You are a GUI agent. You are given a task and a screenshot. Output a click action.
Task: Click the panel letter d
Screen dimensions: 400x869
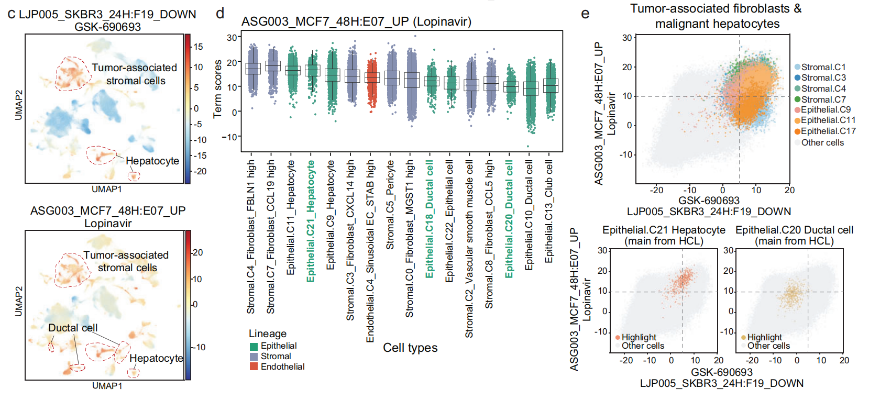(x=221, y=13)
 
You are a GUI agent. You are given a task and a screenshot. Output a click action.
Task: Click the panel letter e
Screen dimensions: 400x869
(x=585, y=13)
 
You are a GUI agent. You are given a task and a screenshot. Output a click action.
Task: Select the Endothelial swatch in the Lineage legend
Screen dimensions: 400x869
(x=254, y=366)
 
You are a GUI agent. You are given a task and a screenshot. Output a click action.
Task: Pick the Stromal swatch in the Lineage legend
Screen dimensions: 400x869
(x=254, y=356)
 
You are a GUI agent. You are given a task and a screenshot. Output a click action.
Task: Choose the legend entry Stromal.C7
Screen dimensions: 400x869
(x=823, y=99)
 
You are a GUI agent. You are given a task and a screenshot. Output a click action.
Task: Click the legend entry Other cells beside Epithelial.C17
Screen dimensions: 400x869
(x=822, y=142)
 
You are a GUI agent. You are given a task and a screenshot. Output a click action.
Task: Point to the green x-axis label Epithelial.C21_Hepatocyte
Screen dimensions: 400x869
(x=311, y=221)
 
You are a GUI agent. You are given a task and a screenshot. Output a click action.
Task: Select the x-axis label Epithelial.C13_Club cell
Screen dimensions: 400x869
(x=548, y=212)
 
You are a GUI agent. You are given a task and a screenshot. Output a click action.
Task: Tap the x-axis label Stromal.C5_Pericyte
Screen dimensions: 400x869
(x=390, y=205)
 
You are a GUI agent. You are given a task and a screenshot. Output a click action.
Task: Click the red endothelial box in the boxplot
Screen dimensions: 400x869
(x=372, y=77)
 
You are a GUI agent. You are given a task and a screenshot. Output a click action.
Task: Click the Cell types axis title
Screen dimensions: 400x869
(x=410, y=348)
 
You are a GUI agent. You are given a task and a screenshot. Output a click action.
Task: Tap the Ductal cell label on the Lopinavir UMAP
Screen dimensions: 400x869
(x=73, y=328)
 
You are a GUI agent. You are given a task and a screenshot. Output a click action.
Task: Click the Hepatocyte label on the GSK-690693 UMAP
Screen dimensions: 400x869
(x=152, y=161)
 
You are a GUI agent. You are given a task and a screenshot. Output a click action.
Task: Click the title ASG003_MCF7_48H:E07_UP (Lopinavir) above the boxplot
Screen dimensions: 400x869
(x=356, y=21)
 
